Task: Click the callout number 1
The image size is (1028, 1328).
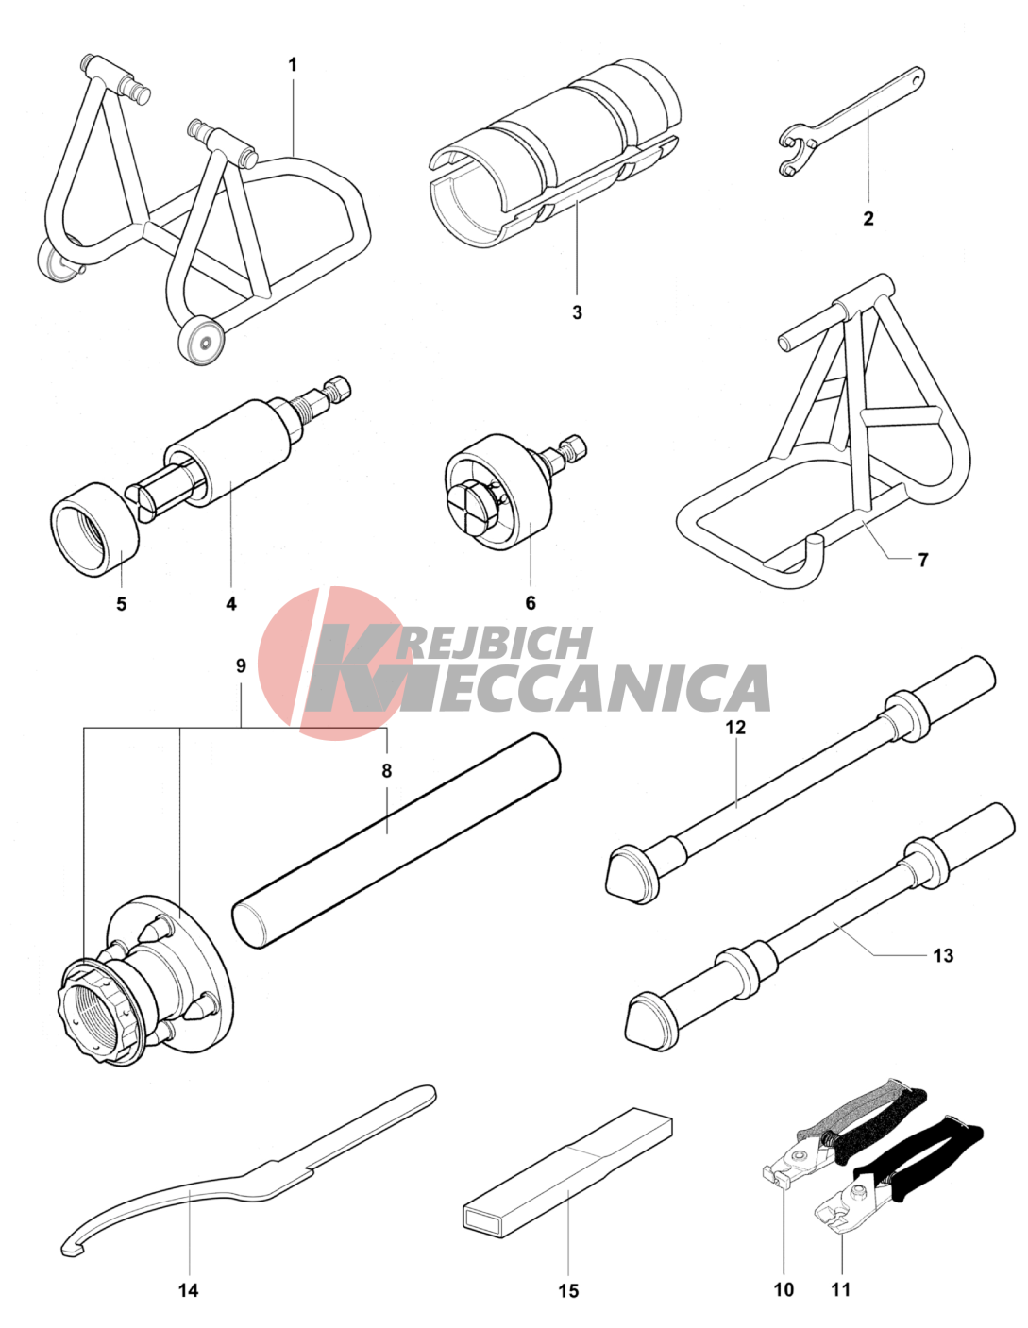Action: coord(293,65)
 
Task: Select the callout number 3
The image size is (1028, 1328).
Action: coord(577,312)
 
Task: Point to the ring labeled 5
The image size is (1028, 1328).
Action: coord(93,528)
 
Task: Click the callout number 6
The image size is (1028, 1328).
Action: coord(531,603)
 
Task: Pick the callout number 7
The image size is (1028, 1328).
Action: coord(923,560)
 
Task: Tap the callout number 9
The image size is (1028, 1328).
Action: coord(241,666)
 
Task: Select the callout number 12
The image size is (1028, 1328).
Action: coord(736,728)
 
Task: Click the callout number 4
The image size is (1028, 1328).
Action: coord(231,603)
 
